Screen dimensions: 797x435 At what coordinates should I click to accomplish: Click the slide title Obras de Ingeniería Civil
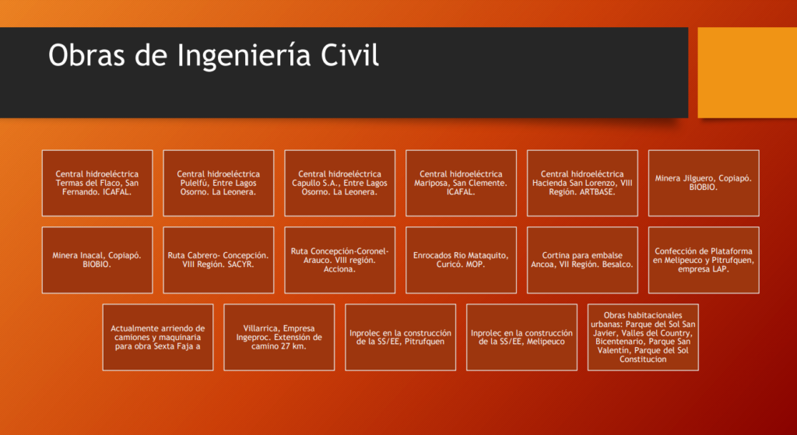213,55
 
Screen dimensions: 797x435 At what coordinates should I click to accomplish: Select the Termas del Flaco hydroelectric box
97,183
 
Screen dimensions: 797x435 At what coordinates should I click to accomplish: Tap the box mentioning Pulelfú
219,183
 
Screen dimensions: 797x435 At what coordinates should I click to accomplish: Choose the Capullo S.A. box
339,183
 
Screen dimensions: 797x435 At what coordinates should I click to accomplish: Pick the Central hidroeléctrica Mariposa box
461,183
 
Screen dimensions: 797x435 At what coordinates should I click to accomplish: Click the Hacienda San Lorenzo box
582,183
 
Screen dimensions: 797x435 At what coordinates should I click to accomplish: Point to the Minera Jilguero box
704,183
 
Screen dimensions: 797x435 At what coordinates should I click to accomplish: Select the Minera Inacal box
97,260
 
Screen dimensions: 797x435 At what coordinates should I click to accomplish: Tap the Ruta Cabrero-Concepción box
219,260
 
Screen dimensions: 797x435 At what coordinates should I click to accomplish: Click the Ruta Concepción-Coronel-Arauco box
339,260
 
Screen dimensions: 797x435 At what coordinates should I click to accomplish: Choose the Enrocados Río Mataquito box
461,260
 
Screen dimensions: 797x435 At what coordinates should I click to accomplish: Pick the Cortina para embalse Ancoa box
582,260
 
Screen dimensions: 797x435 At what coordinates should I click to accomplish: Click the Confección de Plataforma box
704,260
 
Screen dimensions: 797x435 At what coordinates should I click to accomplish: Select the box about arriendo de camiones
158,338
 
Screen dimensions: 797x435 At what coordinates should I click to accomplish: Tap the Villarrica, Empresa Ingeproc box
279,338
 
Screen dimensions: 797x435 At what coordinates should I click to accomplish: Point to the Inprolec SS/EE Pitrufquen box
401,338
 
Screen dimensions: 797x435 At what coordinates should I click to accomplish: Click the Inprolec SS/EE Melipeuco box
521,338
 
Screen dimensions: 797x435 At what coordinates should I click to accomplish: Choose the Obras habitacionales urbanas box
643,338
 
